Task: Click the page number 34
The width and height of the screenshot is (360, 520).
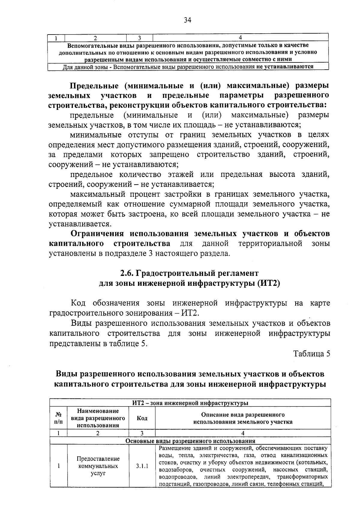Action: click(187, 20)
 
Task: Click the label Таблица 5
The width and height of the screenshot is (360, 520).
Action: click(312, 354)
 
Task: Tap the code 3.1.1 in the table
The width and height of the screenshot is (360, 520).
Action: click(142, 466)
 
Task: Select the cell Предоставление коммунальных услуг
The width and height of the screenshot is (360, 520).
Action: click(98, 466)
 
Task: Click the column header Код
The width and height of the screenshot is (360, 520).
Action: click(142, 418)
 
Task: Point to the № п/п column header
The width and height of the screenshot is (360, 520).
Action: click(59, 418)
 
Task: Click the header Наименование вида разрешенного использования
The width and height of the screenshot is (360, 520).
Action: click(98, 418)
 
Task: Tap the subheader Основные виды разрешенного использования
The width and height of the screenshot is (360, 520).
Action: click(190, 441)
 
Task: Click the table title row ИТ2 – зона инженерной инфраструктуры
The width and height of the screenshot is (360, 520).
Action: click(190, 403)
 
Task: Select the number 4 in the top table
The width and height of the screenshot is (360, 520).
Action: click(240, 38)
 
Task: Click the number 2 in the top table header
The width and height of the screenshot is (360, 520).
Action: click(95, 38)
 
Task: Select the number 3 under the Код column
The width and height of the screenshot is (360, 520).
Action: click(142, 433)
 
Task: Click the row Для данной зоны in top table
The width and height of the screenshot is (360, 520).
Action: click(188, 67)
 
